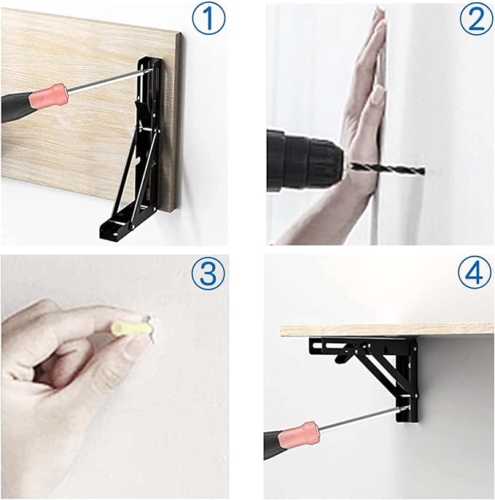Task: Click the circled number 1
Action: tap(208, 18)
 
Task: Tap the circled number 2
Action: tap(476, 18)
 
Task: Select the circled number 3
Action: tap(208, 273)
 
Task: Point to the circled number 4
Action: tap(475, 273)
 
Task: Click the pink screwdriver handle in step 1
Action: tap(49, 95)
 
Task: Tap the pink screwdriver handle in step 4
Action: tap(299, 435)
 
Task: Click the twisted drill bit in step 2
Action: tap(388, 168)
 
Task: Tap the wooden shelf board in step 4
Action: tap(386, 330)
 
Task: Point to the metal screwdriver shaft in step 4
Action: tap(364, 418)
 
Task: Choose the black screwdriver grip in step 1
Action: tap(16, 107)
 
